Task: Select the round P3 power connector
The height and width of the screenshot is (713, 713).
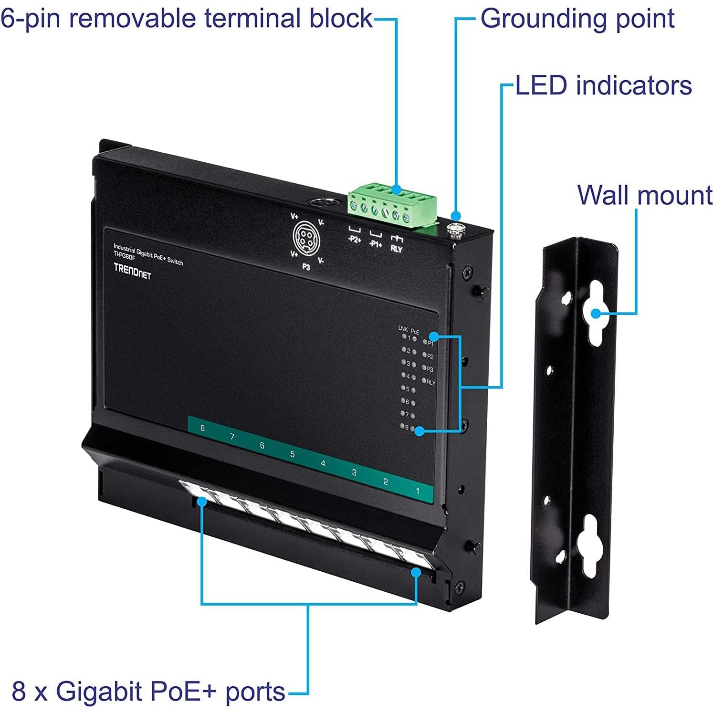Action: click(x=306, y=236)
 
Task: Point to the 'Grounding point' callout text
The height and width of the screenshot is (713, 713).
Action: click(x=577, y=19)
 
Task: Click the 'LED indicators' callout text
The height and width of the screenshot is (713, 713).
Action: click(x=603, y=86)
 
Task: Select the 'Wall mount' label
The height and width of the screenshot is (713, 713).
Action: click(x=645, y=195)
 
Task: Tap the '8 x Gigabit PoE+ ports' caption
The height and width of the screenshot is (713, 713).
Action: click(x=148, y=692)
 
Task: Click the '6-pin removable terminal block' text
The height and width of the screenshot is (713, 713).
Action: click(x=186, y=19)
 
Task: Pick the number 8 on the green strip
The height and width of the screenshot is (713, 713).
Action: click(x=203, y=428)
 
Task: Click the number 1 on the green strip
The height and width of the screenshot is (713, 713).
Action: click(x=418, y=491)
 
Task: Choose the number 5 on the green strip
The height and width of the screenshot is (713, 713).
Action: click(x=293, y=454)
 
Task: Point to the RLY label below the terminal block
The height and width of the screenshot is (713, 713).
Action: click(x=396, y=249)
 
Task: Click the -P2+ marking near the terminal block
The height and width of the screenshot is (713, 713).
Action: click(x=354, y=239)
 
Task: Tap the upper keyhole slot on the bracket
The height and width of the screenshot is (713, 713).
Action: click(x=596, y=313)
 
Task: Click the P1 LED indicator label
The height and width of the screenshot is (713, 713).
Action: click(x=430, y=343)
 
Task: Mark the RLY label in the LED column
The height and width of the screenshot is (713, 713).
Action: click(x=431, y=382)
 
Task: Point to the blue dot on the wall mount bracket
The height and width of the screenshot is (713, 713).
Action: click(x=596, y=314)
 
